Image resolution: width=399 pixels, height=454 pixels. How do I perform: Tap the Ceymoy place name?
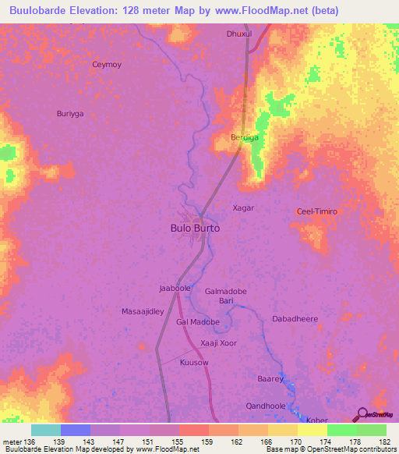(x=108, y=65)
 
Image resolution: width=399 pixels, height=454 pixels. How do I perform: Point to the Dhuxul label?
(x=239, y=34)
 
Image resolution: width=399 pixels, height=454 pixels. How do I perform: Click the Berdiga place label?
(x=245, y=137)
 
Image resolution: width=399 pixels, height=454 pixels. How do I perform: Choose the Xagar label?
(x=244, y=208)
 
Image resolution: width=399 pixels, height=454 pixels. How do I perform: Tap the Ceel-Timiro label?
(x=316, y=211)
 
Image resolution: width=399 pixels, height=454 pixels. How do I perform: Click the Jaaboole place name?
(x=175, y=288)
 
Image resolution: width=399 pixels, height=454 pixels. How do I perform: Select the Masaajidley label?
(x=143, y=311)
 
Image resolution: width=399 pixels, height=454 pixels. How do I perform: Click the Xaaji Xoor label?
(x=218, y=343)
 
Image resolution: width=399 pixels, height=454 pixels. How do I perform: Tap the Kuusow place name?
(x=194, y=363)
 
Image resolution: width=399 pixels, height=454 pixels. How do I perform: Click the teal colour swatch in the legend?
(x=45, y=430)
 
